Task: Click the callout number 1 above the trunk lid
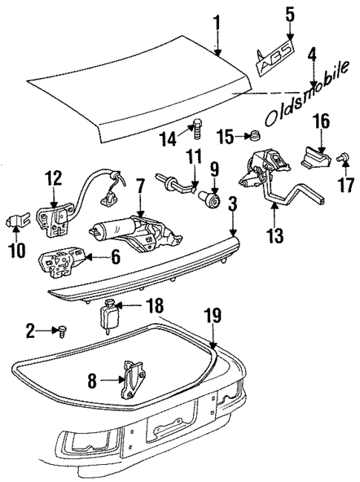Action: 217,22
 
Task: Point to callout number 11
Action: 194,157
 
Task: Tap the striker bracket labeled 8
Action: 131,377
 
